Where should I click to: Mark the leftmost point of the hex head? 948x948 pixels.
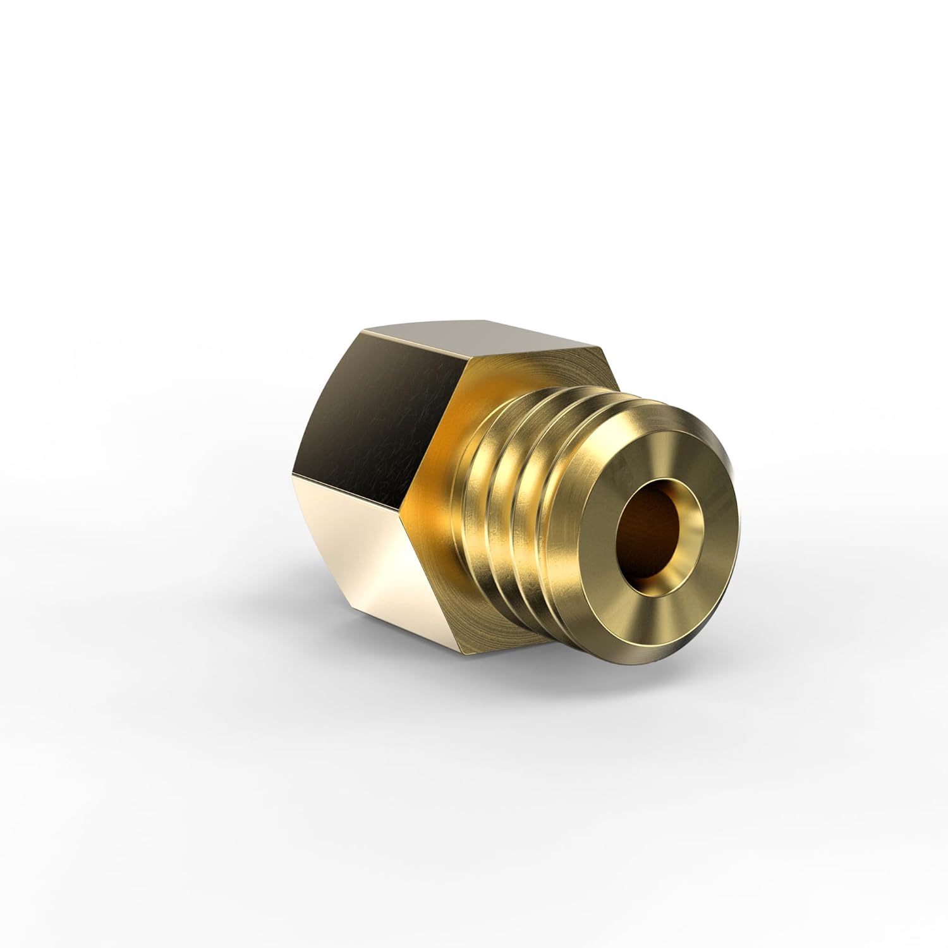(x=292, y=473)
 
